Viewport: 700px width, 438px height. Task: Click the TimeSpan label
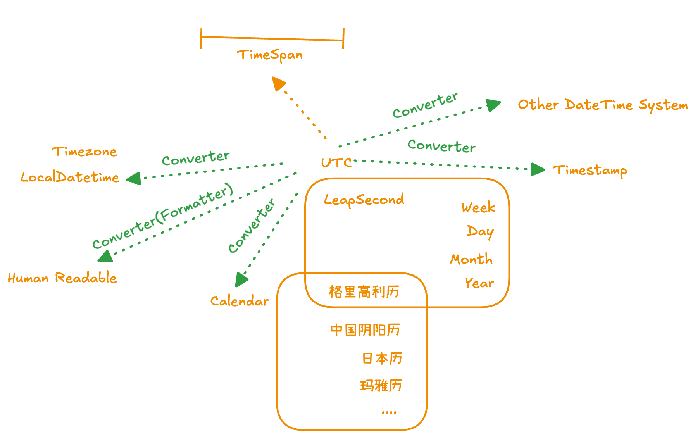tap(270, 55)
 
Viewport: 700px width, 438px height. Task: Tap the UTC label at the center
tap(336, 163)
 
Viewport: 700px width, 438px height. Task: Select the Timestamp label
tap(590, 170)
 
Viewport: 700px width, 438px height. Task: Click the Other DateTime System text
tap(603, 105)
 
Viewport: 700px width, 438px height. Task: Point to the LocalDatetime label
tap(70, 177)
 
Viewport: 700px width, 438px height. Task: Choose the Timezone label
tap(84, 152)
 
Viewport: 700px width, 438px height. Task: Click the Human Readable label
tap(62, 278)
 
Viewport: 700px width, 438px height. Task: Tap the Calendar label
tap(239, 301)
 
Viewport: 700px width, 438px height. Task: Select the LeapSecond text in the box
tap(364, 200)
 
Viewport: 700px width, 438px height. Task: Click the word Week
tap(478, 208)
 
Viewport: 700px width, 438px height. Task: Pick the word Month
tap(471, 259)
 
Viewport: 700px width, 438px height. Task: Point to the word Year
tap(479, 283)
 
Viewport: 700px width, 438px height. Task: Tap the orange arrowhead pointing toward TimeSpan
tap(278, 83)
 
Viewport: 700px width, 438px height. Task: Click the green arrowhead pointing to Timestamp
tap(537, 169)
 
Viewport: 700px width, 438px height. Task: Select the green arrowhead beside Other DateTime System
tap(493, 105)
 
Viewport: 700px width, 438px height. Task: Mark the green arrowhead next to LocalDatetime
tap(134, 179)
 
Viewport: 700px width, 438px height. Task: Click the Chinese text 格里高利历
tap(364, 292)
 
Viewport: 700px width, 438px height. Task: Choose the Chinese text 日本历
tap(382, 358)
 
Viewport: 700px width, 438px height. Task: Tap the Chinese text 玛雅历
tap(381, 386)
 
